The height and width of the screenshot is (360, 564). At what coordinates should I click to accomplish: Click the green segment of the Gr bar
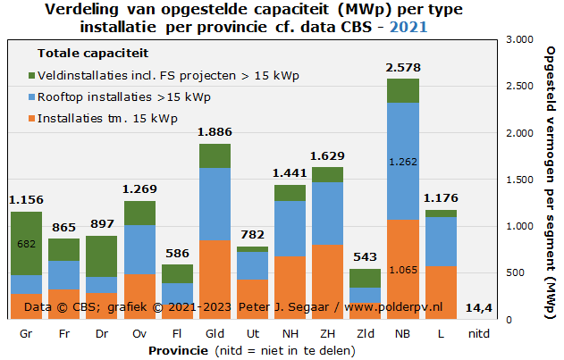pyautogui.click(x=26, y=243)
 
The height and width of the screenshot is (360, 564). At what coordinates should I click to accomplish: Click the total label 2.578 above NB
pyautogui.click(x=402, y=68)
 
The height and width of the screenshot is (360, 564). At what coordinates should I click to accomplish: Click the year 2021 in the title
pyautogui.click(x=409, y=26)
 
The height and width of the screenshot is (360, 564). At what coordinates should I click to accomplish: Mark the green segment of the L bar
pyautogui.click(x=440, y=213)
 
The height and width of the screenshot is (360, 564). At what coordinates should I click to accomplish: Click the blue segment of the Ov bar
pyautogui.click(x=139, y=249)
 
